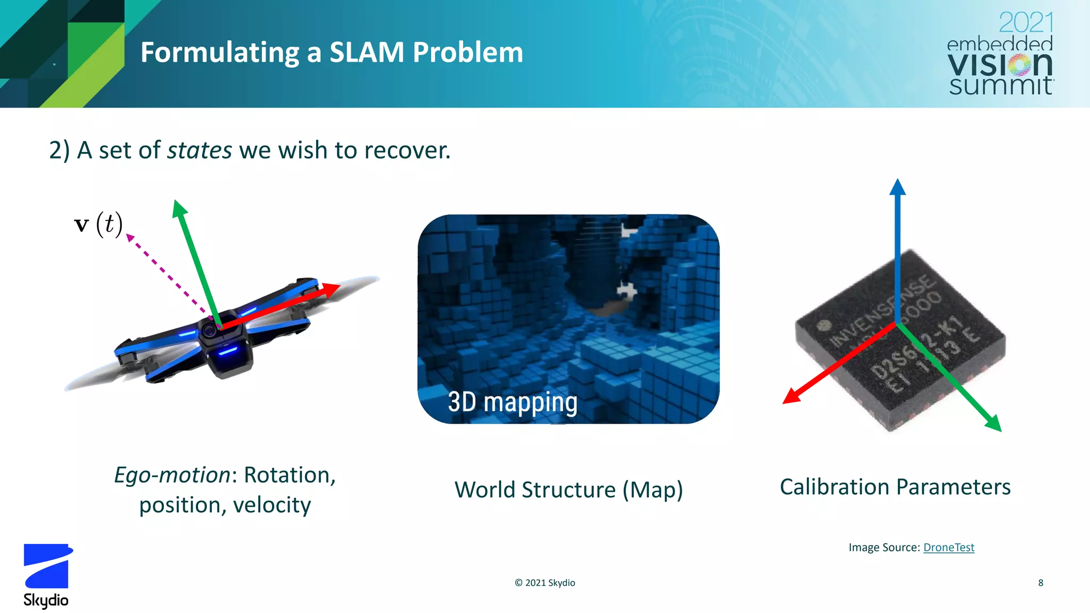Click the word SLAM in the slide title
click(367, 53)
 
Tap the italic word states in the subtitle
click(200, 150)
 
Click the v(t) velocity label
click(98, 224)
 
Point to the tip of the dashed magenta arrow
click(129, 237)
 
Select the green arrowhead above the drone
click(179, 208)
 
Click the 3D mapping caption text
click(512, 402)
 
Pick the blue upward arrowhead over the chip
click(897, 187)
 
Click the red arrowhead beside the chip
click(791, 396)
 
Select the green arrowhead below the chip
click(994, 423)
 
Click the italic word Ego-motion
click(172, 475)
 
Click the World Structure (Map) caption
click(568, 490)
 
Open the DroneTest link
click(948, 548)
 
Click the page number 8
click(1041, 583)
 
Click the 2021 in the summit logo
click(1026, 23)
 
